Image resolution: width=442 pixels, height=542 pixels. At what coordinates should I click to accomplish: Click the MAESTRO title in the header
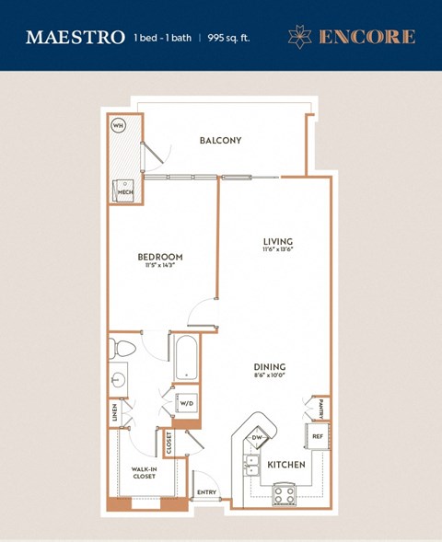(x=76, y=38)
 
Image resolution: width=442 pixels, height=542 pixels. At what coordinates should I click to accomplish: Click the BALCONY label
(x=220, y=141)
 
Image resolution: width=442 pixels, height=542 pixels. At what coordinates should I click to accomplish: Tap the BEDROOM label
(x=159, y=257)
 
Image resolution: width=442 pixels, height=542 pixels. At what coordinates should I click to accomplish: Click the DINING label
(x=270, y=365)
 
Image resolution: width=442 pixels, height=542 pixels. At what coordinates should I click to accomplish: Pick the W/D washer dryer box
(x=186, y=403)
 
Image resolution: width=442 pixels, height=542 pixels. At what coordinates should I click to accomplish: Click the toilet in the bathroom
(x=122, y=349)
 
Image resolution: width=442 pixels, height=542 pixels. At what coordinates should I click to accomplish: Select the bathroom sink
(x=118, y=378)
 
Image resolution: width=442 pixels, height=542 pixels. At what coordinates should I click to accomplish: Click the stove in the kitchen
(x=284, y=494)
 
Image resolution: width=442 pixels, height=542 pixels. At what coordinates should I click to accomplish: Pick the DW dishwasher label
(x=257, y=437)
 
